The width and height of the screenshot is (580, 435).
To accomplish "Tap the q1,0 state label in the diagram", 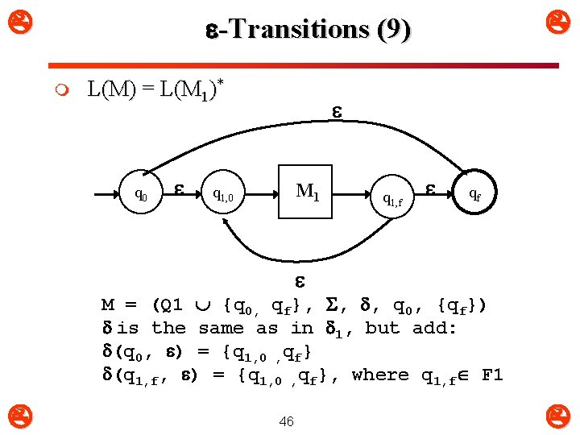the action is click(223, 194).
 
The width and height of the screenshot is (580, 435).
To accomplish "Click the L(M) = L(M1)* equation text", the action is click(154, 89).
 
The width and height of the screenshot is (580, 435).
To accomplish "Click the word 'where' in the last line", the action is click(380, 375).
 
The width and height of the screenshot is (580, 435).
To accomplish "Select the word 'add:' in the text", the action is click(434, 328).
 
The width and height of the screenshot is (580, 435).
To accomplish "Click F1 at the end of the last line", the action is click(492, 375).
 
